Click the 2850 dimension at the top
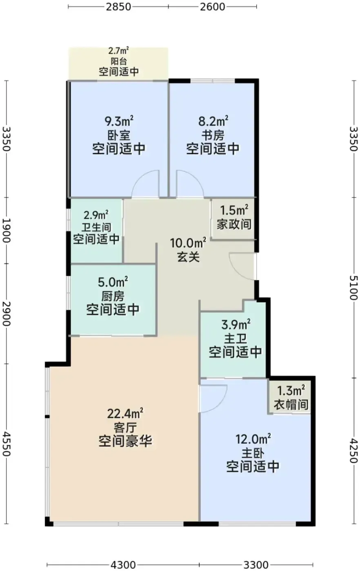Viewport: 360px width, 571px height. point(118,7)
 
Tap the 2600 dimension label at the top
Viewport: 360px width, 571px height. point(213,7)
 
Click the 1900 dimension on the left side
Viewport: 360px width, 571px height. point(7,230)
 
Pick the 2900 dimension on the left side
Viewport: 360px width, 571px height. point(7,314)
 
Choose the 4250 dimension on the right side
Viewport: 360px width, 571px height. point(353,451)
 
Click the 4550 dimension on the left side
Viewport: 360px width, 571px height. point(7,444)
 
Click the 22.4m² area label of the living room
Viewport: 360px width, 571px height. point(125,413)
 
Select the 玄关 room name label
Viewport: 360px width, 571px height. point(188,257)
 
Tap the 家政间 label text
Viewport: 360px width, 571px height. point(234,224)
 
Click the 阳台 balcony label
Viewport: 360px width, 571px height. point(119,62)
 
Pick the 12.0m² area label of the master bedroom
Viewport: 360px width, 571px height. point(253,439)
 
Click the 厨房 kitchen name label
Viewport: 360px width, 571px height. point(113,296)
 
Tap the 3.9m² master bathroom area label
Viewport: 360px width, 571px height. point(236,325)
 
